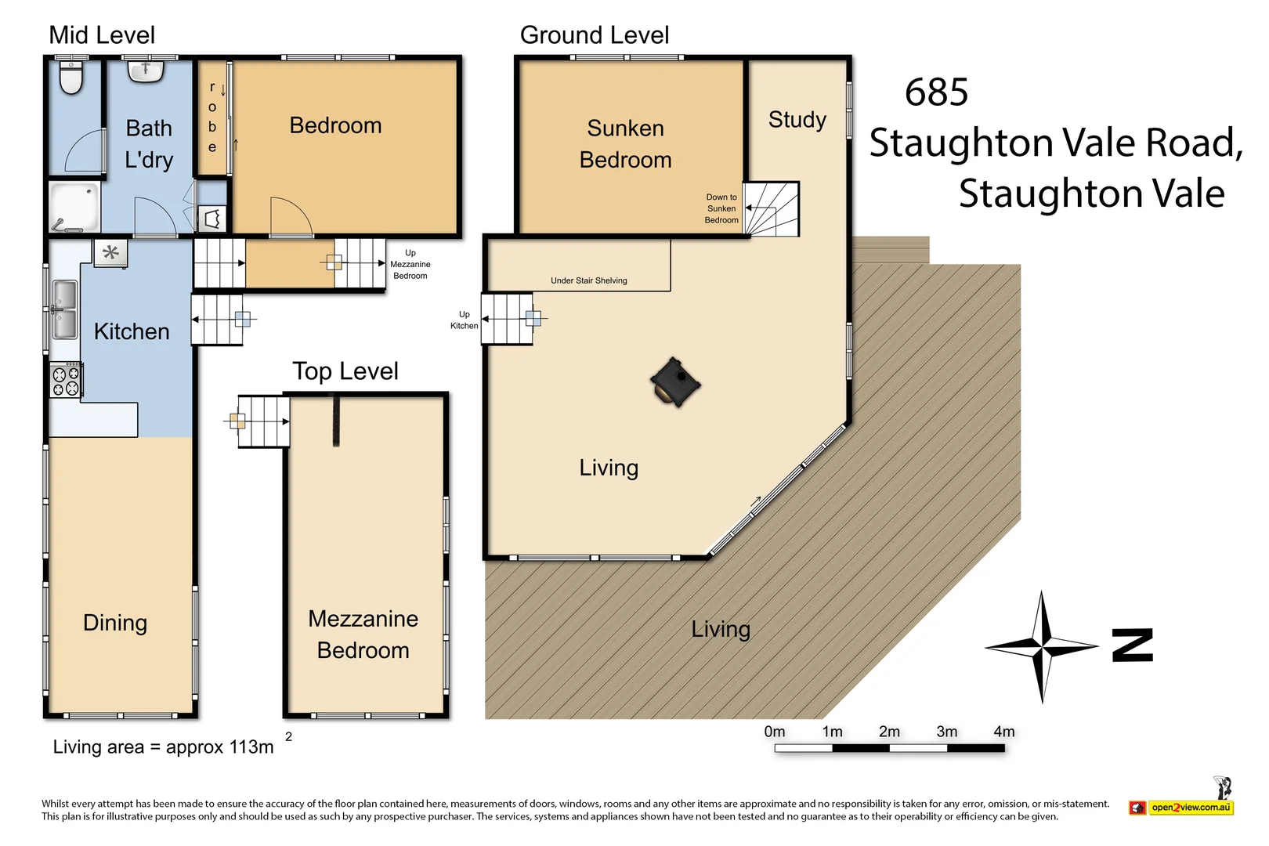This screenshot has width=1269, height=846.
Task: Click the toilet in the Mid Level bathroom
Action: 71,78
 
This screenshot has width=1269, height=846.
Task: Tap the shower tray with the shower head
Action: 75,207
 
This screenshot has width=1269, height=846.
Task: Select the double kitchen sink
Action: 64,309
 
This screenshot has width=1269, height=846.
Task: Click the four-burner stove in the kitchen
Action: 66,381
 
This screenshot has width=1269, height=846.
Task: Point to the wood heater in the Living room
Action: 674,382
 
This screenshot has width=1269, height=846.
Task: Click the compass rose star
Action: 1042,647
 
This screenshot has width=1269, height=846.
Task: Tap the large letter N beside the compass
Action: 1133,645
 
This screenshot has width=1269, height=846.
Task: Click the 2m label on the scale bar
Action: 889,732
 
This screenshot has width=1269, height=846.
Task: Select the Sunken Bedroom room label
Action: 625,144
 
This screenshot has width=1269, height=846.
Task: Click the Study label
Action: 797,120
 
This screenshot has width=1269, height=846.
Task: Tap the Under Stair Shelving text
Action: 588,280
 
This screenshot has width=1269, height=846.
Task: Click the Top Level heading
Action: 345,371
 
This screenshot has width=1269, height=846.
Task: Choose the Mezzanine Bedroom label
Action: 363,634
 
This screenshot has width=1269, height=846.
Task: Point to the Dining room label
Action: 115,623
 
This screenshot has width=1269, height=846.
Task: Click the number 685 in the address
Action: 936,92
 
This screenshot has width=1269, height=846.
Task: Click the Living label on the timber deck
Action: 721,629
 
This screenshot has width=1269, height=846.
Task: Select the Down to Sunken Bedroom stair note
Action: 721,208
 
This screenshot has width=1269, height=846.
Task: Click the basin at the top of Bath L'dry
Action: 146,71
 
